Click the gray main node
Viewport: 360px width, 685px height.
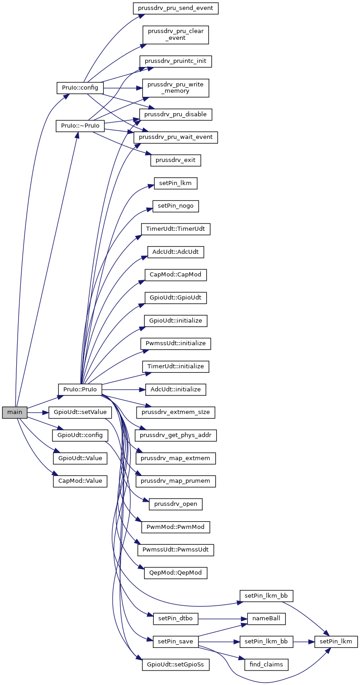[14, 412]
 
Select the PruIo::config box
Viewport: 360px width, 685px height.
[80, 88]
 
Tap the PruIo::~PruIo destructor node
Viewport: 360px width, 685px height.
[80, 126]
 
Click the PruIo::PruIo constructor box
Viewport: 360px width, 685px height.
[80, 389]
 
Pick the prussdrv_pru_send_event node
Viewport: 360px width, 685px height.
[175, 8]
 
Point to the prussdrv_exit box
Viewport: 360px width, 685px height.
[175, 160]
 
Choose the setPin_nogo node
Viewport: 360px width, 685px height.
[175, 206]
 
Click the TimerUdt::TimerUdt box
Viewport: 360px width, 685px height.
[175, 229]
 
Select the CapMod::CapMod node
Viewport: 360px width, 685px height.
[175, 275]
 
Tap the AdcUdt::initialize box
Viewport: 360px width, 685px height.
[175, 389]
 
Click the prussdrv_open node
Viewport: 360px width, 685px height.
[175, 504]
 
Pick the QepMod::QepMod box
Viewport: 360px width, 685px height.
[175, 573]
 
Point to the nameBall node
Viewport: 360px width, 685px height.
[266, 618]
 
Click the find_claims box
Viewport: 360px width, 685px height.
[266, 665]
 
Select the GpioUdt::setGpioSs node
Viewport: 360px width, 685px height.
[175, 665]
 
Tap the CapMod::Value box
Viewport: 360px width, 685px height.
[80, 481]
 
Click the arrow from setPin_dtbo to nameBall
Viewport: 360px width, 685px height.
[223, 618]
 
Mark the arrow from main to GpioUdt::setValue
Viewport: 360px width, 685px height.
[38, 413]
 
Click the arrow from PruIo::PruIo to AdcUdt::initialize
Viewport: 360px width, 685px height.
[123, 390]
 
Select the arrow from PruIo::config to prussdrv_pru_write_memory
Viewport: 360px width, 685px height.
[123, 88]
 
